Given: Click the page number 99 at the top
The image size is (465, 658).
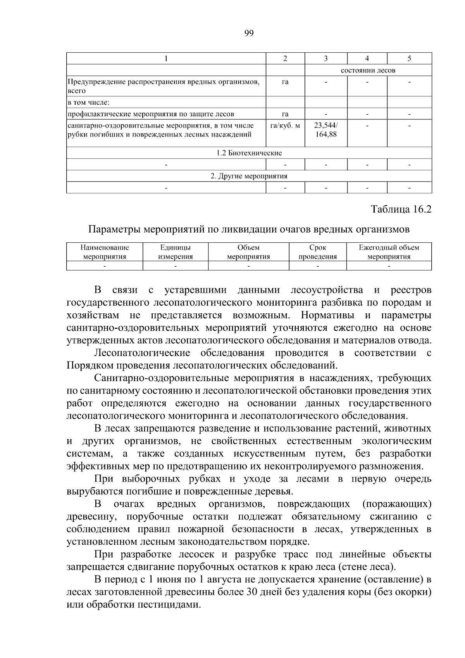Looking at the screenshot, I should pyautogui.click(x=249, y=33).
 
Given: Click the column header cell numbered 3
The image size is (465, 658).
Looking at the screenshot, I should pyautogui.click(x=326, y=59).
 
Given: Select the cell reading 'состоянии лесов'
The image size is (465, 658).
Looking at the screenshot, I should pyautogui.click(x=368, y=70).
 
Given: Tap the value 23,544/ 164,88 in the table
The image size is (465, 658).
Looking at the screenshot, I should pyautogui.click(x=326, y=130).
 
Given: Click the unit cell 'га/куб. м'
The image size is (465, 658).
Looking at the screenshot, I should pyautogui.click(x=285, y=126).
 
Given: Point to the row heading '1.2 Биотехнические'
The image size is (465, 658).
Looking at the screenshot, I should pyautogui.click(x=249, y=153).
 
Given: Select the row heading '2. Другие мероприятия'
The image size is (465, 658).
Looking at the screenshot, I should pyautogui.click(x=249, y=176).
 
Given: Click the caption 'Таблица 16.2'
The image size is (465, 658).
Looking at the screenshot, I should pyautogui.click(x=401, y=209).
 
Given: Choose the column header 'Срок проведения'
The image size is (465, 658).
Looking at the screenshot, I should pyautogui.click(x=318, y=252).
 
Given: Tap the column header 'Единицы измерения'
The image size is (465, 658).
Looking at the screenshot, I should pyautogui.click(x=176, y=252).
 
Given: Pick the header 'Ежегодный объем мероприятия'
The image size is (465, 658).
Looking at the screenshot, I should pyautogui.click(x=389, y=252).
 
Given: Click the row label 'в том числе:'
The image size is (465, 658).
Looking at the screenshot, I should pyautogui.click(x=89, y=103).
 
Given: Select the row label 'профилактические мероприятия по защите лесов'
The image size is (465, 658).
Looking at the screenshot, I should pyautogui.click(x=151, y=114).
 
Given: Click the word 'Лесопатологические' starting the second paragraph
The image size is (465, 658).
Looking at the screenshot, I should pyautogui.click(x=142, y=353).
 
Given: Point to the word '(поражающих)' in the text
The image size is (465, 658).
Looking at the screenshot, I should pyautogui.click(x=397, y=504).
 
